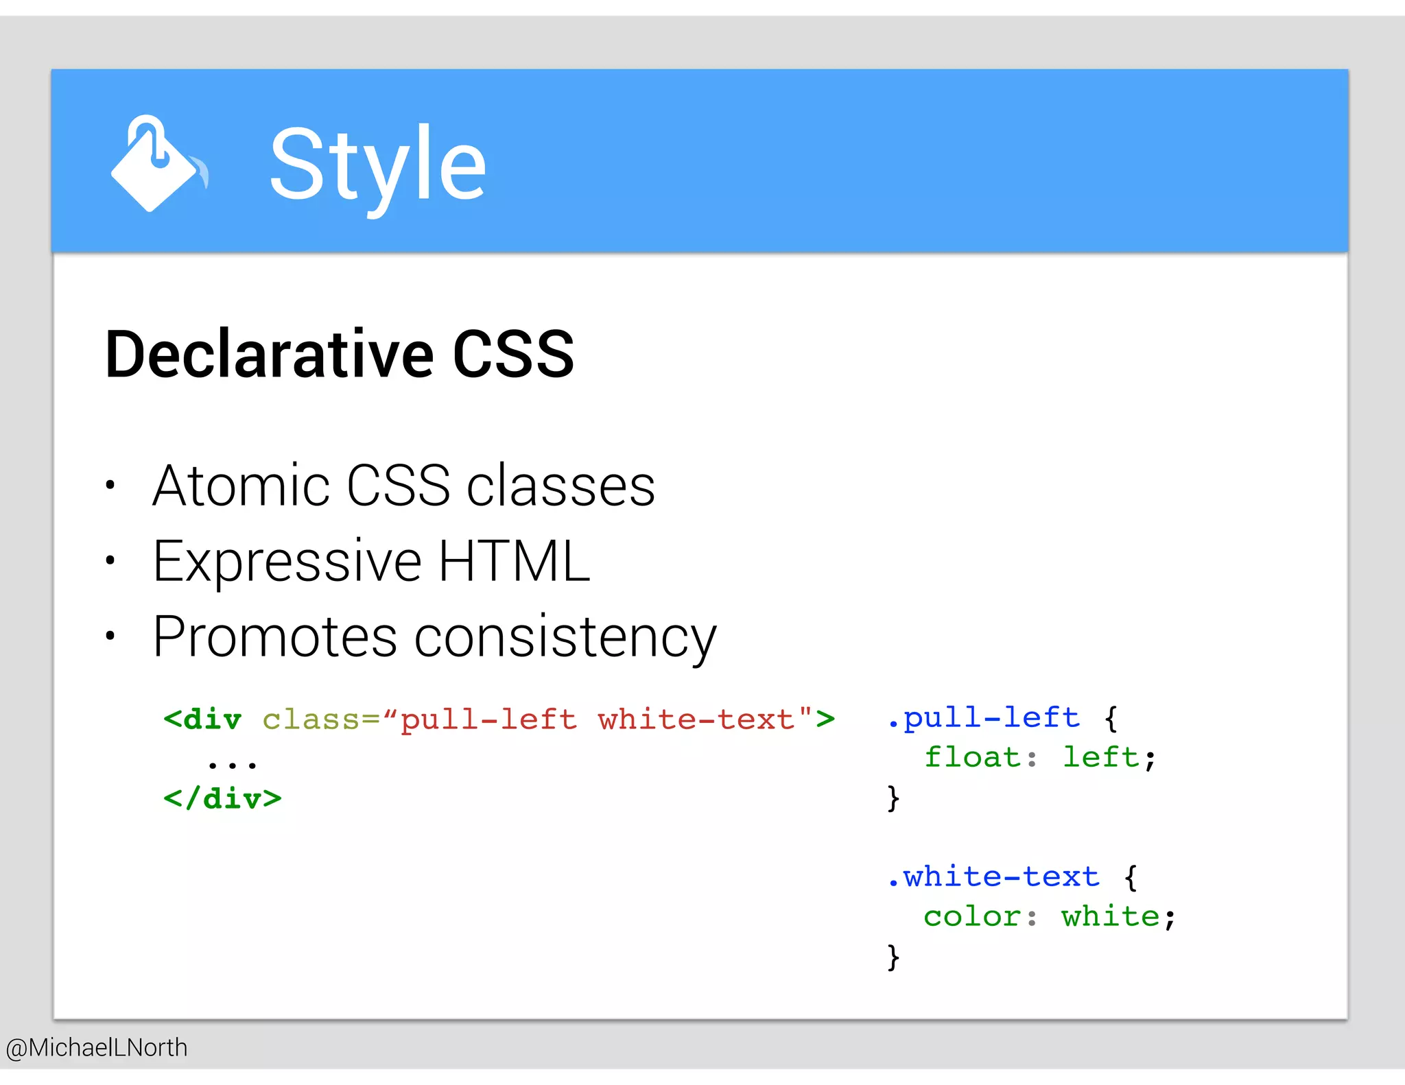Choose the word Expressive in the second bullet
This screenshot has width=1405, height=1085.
pyautogui.click(x=287, y=562)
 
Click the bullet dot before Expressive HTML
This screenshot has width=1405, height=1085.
pyautogui.click(x=110, y=561)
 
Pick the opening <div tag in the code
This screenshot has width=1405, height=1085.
pyautogui.click(x=202, y=719)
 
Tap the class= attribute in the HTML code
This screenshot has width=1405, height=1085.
pyautogui.click(x=320, y=719)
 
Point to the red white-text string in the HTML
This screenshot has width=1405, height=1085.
pyautogui.click(x=696, y=719)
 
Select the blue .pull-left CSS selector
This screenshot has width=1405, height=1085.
pyautogui.click(x=983, y=718)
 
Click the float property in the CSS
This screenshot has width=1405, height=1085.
pyautogui.click(x=972, y=758)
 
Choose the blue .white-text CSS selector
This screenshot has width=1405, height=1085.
pyautogui.click(x=993, y=877)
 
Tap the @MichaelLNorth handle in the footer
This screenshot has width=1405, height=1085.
pyautogui.click(x=97, y=1048)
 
